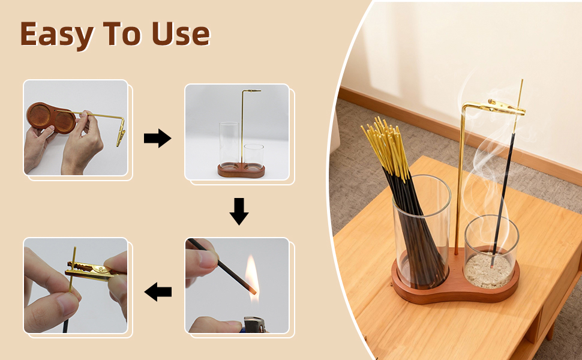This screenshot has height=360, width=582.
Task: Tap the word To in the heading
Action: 122,34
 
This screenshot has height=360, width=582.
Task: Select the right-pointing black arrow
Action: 157,138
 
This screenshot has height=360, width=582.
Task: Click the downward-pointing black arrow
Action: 239,211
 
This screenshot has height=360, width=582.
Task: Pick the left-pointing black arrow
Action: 158,292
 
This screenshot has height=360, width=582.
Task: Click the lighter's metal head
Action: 254,325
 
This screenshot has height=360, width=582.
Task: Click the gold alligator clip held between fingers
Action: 93,270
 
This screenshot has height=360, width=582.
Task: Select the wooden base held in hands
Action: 52,118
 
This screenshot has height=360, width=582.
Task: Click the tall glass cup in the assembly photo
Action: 229,145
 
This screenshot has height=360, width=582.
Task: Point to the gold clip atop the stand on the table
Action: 506,107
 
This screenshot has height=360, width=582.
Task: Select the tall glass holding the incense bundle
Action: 422,232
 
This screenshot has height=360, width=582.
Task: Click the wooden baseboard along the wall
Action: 460,129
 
